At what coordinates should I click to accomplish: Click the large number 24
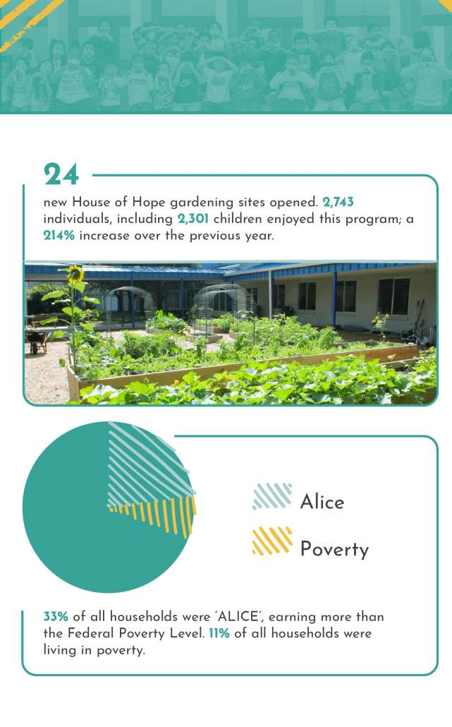click(x=61, y=174)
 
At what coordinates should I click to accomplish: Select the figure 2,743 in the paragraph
click(x=338, y=202)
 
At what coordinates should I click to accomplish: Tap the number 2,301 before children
click(x=193, y=218)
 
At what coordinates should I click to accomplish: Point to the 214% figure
click(x=59, y=235)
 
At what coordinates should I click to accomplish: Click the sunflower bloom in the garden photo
click(x=75, y=274)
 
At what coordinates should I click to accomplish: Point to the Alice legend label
click(x=322, y=502)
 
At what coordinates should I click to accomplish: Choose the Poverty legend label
click(x=334, y=549)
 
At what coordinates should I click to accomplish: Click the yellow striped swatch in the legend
click(x=272, y=541)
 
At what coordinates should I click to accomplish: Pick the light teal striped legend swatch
click(x=272, y=496)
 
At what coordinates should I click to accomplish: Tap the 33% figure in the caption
click(x=56, y=617)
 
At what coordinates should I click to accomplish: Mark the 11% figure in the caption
click(x=219, y=633)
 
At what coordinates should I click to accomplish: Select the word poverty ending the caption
click(x=121, y=651)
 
